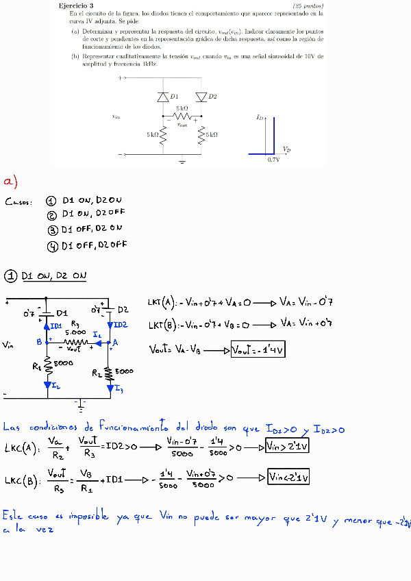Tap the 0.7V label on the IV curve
point(273,159)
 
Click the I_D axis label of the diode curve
point(260,118)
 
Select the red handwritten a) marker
point(10,182)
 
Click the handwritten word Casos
point(18,202)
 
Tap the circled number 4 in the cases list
point(52,245)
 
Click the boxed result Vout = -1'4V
point(258,350)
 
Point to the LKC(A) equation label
point(20,449)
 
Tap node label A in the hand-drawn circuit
point(115,342)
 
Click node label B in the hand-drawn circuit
point(40,341)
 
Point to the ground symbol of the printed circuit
point(182,162)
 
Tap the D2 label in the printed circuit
point(213,97)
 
